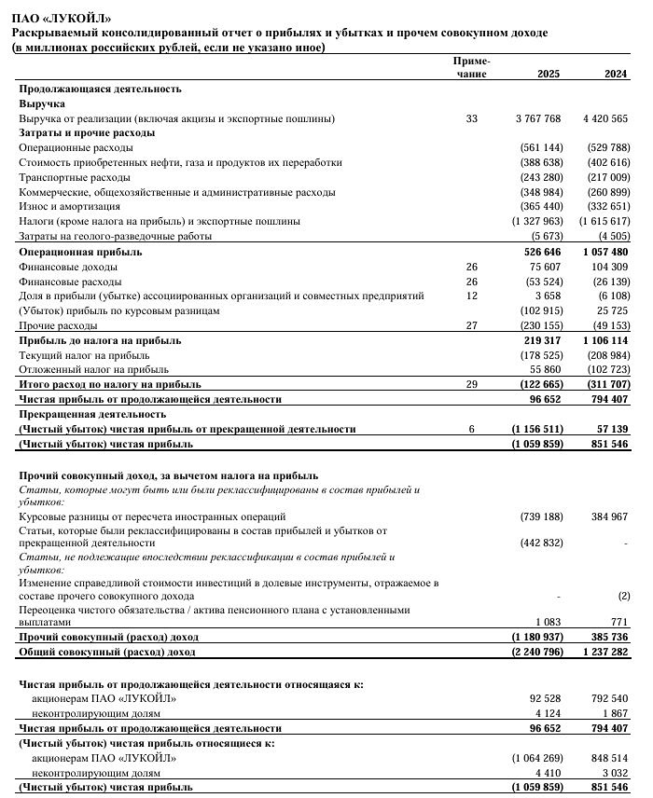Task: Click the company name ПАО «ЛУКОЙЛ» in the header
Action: [60, 18]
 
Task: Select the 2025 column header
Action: [549, 74]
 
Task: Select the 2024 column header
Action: [616, 74]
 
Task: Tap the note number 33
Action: [471, 118]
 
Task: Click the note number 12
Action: [471, 296]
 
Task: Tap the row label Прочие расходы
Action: [58, 325]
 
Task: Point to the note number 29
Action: [471, 384]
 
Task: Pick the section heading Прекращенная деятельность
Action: [92, 414]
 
